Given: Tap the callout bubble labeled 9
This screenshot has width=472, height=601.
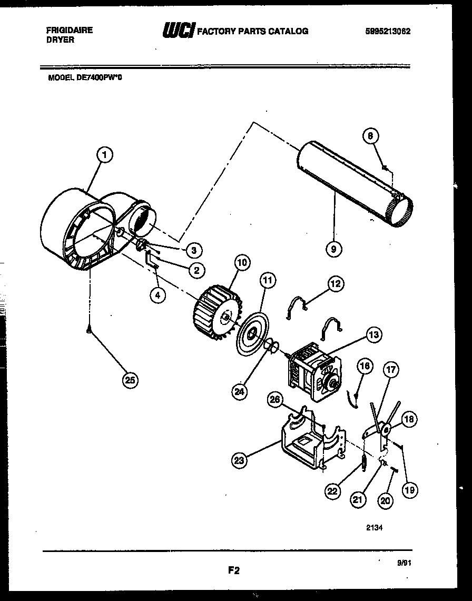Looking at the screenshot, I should pos(333,248).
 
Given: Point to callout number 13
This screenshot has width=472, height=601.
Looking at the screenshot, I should pos(373,334).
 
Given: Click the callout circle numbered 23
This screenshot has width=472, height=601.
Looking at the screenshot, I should pos(240,460).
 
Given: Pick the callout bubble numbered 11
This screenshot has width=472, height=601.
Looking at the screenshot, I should pos(268,280).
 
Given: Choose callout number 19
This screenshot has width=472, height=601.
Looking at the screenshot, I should pos(409,490).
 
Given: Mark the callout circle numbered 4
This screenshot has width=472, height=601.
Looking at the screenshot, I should pos(157,295).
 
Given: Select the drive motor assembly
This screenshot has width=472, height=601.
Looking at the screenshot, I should pos(314,371).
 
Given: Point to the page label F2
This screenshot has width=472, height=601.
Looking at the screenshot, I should pos(234,570).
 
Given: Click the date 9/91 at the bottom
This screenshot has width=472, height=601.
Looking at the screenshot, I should pos(404,563).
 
